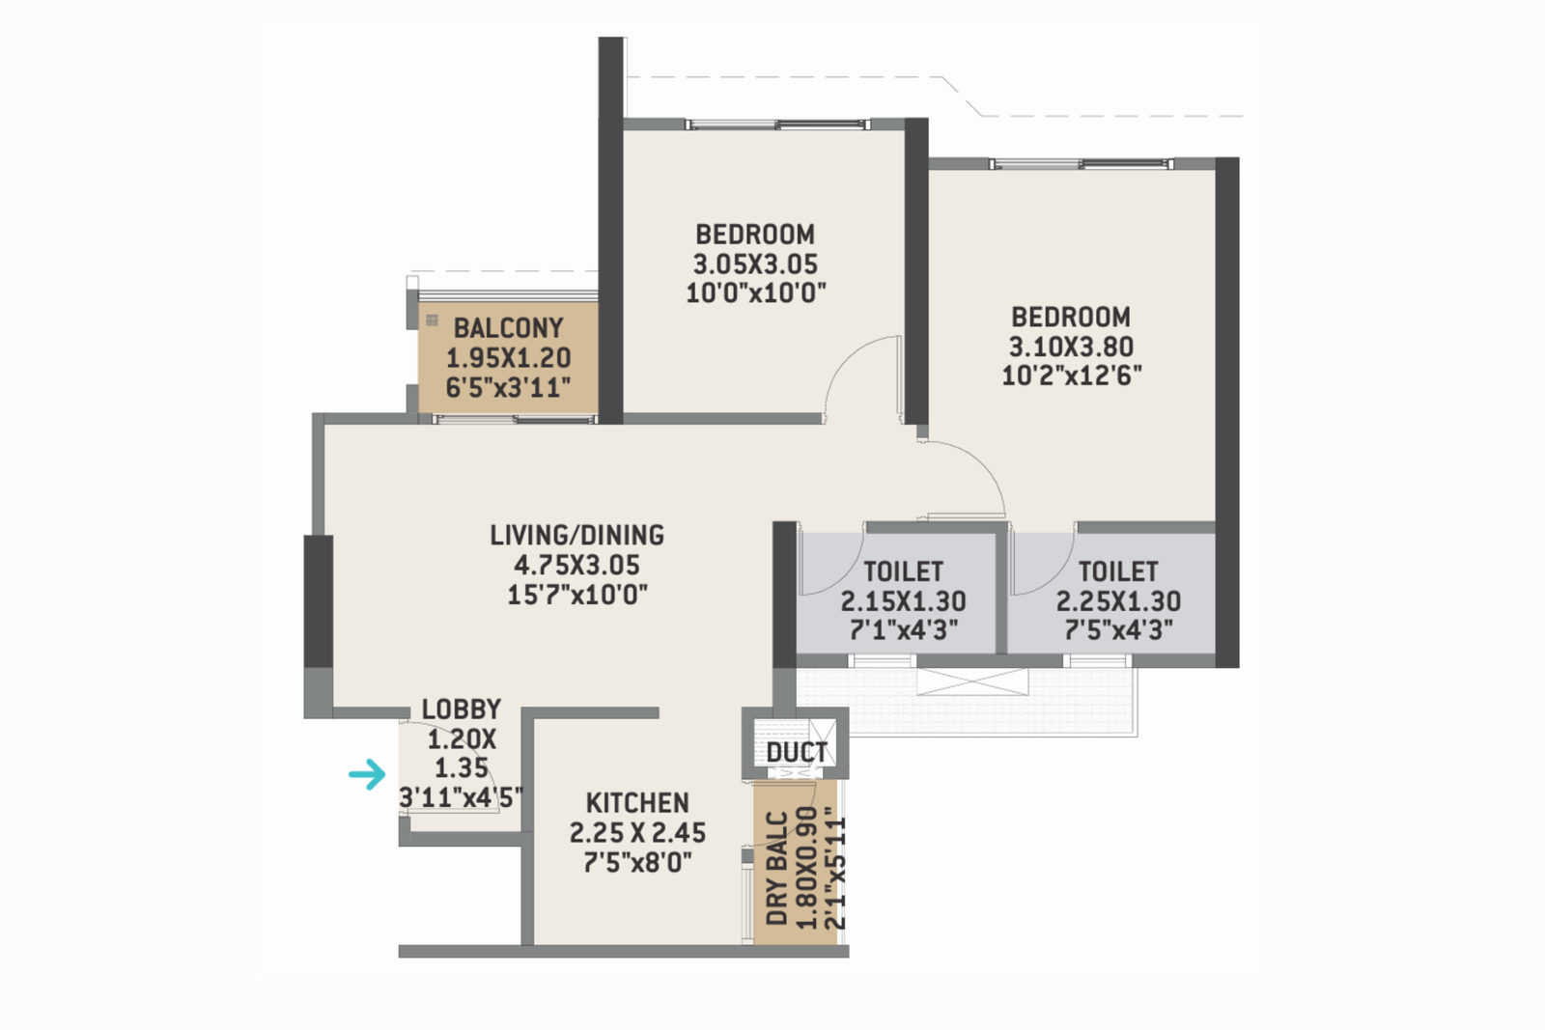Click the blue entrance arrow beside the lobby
click(367, 773)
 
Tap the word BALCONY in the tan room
click(508, 328)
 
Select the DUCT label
click(797, 752)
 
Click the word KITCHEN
click(637, 803)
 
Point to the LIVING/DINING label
click(576, 535)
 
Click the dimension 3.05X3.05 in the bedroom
click(755, 264)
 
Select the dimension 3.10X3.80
click(1071, 347)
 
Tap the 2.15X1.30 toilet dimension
click(903, 601)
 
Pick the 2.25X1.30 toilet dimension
click(1118, 601)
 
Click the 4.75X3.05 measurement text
click(576, 565)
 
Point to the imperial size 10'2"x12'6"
click(1071, 376)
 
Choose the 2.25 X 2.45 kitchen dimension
click(637, 832)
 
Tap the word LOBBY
click(462, 710)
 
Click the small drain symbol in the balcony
click(432, 320)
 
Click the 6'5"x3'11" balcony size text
click(508, 388)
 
